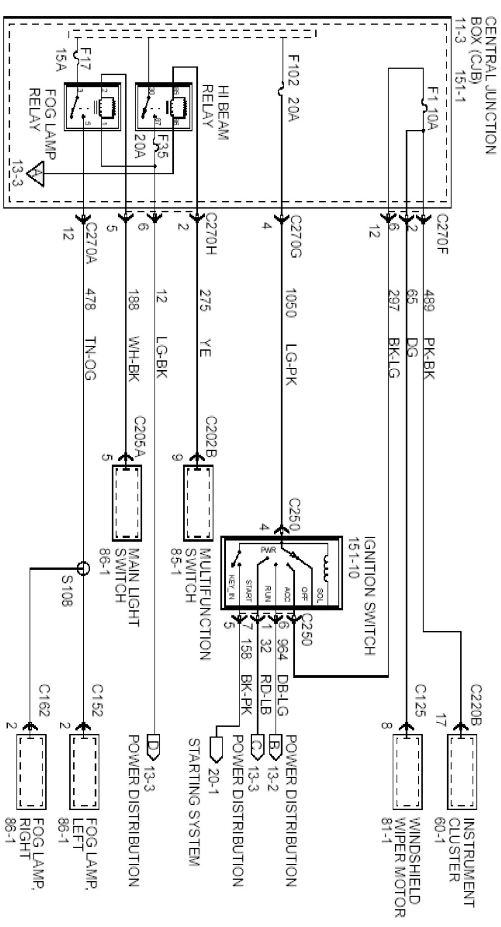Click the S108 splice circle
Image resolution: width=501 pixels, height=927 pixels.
(84, 568)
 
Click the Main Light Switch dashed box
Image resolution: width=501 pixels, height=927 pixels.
(127, 503)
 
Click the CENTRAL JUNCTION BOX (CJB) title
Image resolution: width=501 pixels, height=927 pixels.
(483, 86)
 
